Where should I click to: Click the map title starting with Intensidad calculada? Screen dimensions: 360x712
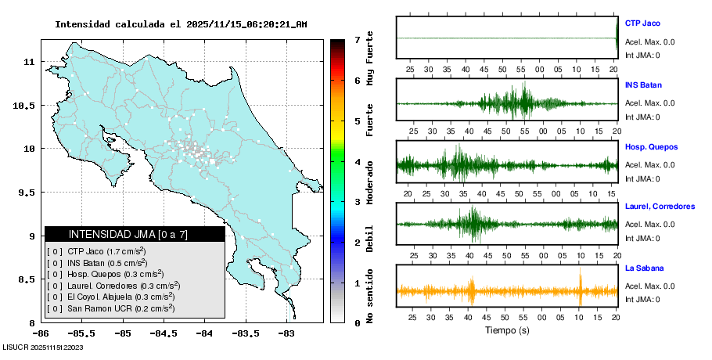(x=180, y=24)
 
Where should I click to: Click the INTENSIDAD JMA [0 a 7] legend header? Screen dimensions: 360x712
(x=135, y=234)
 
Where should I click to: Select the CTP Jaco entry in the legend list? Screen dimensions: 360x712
(x=106, y=252)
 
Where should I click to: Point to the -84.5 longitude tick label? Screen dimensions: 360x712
(x=164, y=333)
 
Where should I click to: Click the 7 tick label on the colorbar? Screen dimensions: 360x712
(x=357, y=39)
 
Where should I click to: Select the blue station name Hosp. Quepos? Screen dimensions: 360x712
(x=651, y=146)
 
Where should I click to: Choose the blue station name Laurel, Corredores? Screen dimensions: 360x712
(x=660, y=207)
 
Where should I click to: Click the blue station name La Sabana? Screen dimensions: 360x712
(x=645, y=268)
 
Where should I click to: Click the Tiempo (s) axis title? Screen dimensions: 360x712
(x=507, y=331)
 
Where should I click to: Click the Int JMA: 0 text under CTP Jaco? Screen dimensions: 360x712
(x=642, y=56)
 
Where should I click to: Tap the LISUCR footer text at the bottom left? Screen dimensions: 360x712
(x=43, y=347)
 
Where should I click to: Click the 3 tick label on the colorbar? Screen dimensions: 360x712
(x=357, y=202)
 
